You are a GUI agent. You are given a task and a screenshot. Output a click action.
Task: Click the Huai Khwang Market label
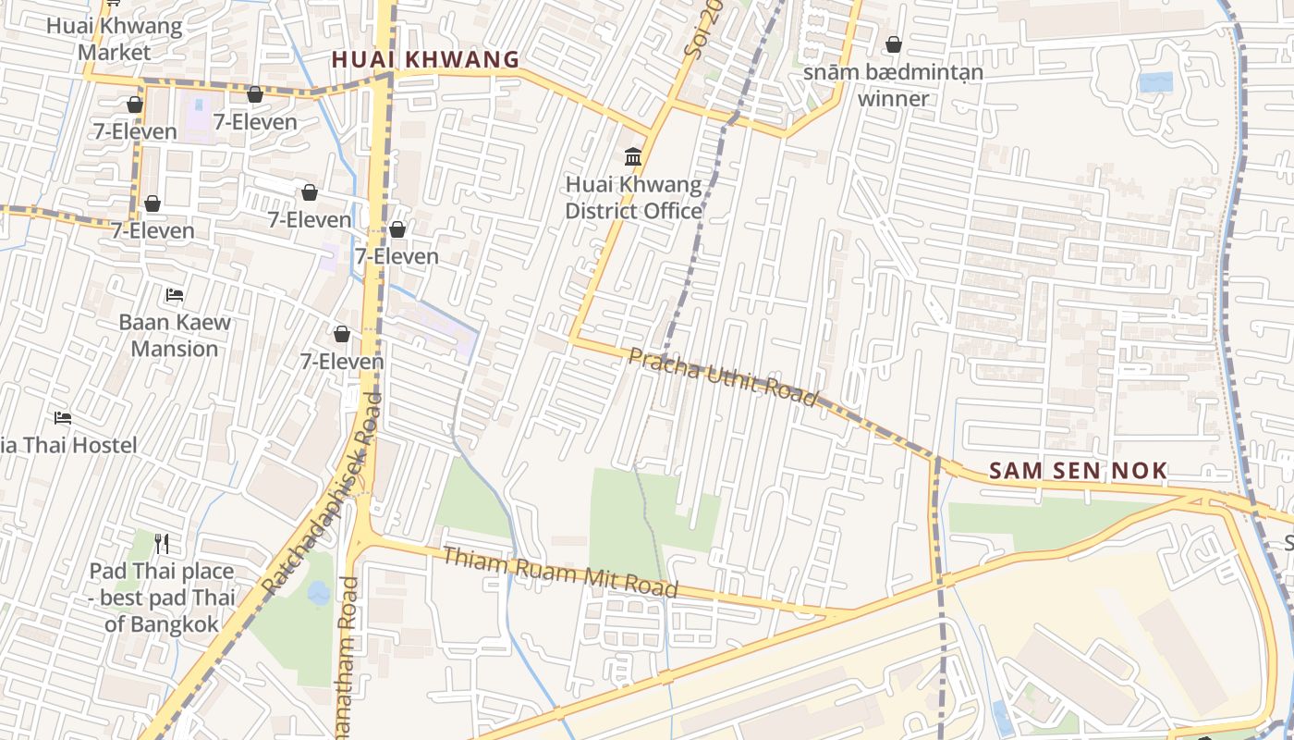(x=114, y=39)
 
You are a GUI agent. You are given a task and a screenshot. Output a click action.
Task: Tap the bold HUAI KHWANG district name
(x=425, y=60)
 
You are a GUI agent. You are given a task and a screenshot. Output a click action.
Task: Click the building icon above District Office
(x=633, y=156)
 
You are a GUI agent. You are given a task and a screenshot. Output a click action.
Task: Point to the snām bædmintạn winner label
(x=893, y=85)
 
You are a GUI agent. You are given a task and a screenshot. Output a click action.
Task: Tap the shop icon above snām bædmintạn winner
(x=894, y=44)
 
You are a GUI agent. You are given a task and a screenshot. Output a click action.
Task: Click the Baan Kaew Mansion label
(x=175, y=336)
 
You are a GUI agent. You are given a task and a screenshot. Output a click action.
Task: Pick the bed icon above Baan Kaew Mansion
(x=175, y=295)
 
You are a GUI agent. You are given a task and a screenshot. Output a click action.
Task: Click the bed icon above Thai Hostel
(x=63, y=418)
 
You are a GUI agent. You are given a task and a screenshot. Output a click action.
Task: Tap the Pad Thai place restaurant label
(x=162, y=598)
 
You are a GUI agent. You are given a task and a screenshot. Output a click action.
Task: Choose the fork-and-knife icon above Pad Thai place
(x=163, y=542)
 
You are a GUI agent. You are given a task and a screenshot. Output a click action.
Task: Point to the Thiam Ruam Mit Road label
(x=560, y=572)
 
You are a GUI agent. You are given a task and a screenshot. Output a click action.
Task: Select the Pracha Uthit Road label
(x=723, y=376)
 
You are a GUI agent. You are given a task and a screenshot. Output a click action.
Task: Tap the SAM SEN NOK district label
(x=1078, y=471)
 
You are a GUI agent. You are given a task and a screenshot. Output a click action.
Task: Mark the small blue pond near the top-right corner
(x=1155, y=82)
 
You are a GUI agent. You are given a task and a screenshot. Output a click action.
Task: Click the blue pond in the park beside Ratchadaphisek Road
(x=319, y=593)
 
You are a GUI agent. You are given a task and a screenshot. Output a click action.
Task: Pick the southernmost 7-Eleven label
(x=342, y=362)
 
